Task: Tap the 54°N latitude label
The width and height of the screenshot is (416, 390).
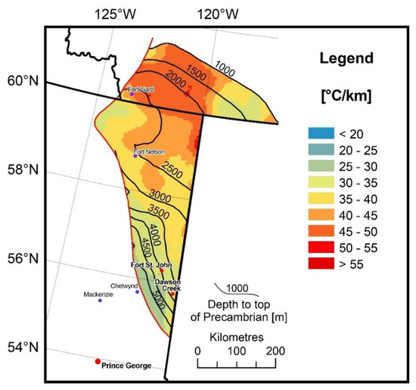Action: (x=20, y=348)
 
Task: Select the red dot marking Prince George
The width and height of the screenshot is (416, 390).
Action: (x=98, y=361)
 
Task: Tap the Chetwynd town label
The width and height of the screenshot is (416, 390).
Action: (x=125, y=285)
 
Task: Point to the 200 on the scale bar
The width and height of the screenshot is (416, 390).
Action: (x=275, y=351)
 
